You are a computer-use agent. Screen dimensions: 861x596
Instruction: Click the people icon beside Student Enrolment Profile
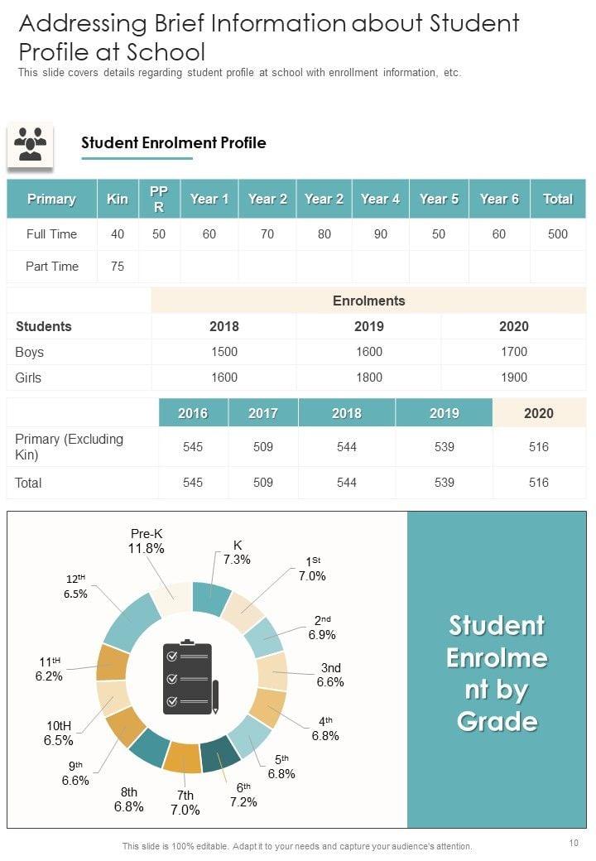coord(30,144)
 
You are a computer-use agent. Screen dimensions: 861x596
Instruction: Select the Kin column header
coord(118,199)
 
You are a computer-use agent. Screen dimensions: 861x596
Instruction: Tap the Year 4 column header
coord(380,199)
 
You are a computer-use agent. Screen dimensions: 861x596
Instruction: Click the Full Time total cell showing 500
coord(558,234)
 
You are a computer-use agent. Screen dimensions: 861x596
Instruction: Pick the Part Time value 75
coord(118,267)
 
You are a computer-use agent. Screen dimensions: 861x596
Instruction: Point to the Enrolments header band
coord(368,301)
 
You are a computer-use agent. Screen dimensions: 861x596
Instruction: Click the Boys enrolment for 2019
coord(368,352)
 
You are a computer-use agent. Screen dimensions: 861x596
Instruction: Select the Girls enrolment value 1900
coord(513,378)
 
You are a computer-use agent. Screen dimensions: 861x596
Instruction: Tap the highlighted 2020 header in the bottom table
coord(539,413)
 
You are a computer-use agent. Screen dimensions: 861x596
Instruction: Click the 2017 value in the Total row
coord(262,483)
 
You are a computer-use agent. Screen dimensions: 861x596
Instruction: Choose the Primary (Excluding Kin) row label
coord(70,447)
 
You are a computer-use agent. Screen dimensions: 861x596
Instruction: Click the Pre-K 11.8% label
coord(147,541)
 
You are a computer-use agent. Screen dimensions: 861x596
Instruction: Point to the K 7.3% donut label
coord(237,552)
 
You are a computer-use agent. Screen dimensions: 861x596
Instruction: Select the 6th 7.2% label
coord(243,795)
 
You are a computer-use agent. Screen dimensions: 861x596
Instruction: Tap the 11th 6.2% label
coord(50,669)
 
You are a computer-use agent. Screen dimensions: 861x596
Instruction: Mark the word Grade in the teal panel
coord(497,721)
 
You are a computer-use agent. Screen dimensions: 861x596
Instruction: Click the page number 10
coord(574,843)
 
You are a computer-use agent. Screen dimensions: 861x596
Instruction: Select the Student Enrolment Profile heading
coord(174,142)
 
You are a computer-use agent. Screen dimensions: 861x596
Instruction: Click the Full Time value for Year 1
coord(209,234)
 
